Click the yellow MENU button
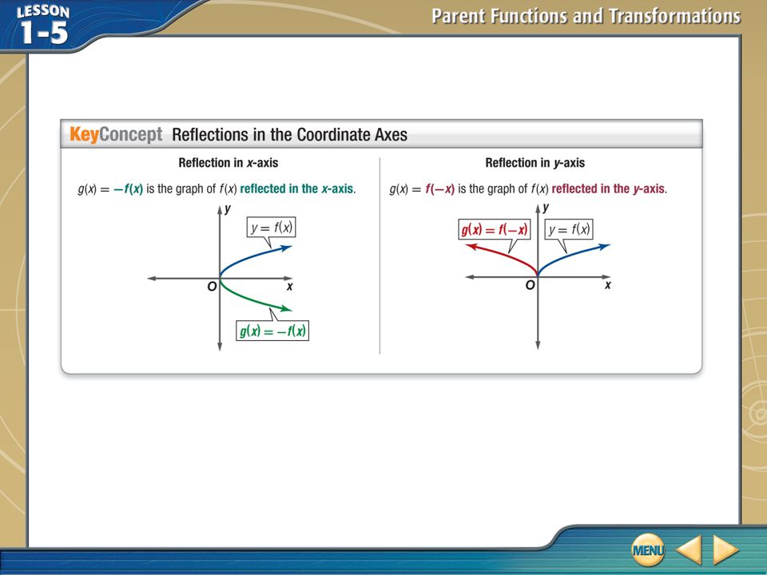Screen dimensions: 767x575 click(x=648, y=549)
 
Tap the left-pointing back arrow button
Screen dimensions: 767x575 click(x=690, y=549)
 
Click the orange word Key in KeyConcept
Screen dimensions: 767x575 click(x=84, y=134)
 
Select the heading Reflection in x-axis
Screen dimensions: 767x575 click(x=228, y=163)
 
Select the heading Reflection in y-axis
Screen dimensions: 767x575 click(x=535, y=163)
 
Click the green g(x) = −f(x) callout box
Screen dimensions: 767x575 click(x=272, y=331)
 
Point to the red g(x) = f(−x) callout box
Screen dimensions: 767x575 click(x=495, y=229)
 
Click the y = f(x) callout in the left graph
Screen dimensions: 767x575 click(x=272, y=228)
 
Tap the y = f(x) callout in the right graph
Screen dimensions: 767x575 click(x=569, y=229)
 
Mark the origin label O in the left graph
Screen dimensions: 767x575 click(x=212, y=287)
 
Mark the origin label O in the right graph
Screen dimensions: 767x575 click(x=530, y=285)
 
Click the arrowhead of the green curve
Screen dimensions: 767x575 click(x=286, y=308)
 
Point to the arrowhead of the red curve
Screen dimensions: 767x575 click(x=471, y=247)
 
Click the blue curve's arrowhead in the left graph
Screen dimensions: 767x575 click(x=286, y=248)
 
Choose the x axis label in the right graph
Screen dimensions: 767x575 click(x=607, y=285)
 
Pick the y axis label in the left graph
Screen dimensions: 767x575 click(x=228, y=210)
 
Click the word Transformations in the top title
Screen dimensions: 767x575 click(x=674, y=16)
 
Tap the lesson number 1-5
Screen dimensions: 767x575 click(x=43, y=34)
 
